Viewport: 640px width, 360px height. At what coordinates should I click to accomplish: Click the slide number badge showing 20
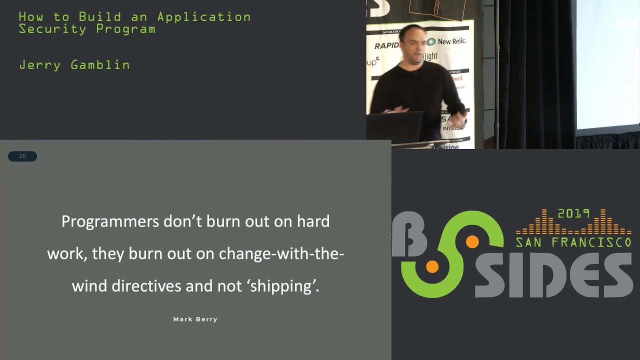point(22,156)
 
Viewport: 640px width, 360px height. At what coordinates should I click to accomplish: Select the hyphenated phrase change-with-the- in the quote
point(281,253)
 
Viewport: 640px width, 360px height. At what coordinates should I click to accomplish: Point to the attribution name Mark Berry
point(195,319)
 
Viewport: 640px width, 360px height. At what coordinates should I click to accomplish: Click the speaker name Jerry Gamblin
point(74,65)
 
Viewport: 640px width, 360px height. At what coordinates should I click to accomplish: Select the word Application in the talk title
point(204,17)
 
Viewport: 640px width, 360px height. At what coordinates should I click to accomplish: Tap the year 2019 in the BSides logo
point(573,213)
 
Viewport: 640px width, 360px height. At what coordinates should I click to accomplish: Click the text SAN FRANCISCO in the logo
point(573,242)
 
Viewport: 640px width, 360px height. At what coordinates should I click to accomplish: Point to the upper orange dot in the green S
point(472,242)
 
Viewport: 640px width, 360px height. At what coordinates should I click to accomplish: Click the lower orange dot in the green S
point(432,267)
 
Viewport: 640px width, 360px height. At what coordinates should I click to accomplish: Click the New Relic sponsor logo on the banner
point(446,41)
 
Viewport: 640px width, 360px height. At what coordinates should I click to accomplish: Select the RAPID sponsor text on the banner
point(388,46)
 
